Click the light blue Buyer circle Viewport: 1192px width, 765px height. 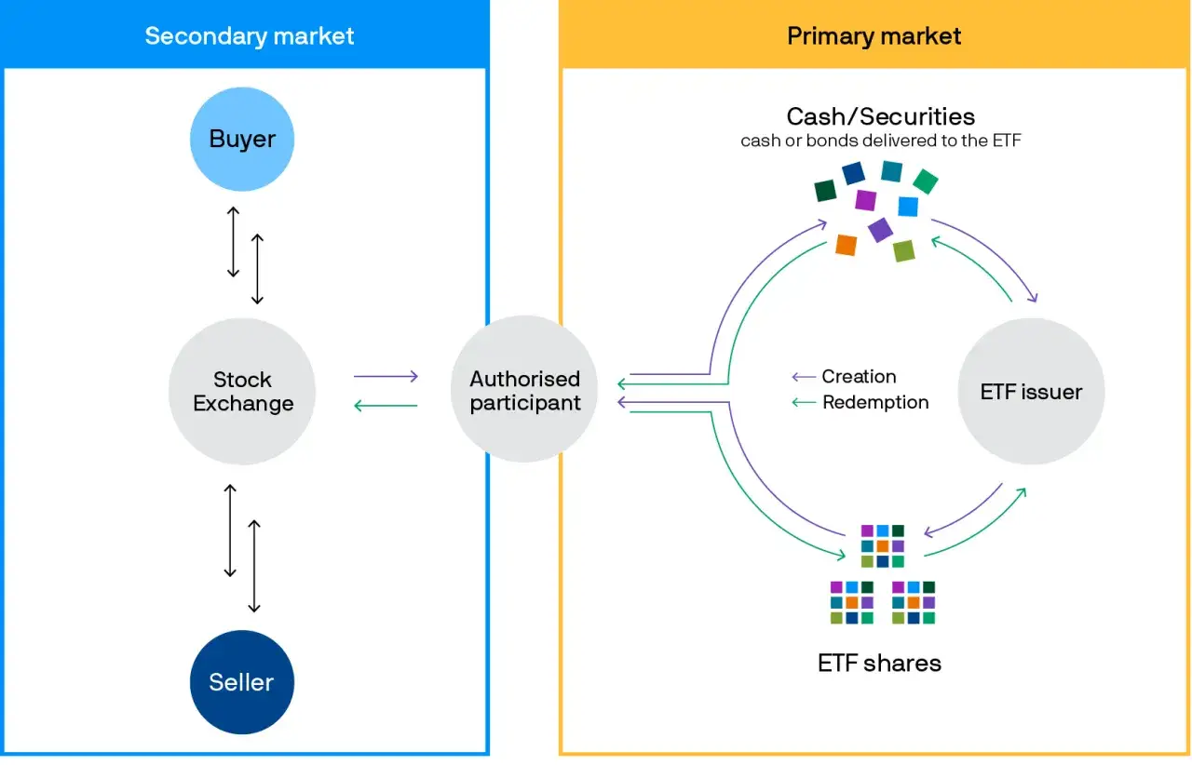coord(242,140)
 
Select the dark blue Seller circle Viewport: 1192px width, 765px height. coord(242,682)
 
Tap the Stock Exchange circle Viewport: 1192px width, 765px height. coord(242,392)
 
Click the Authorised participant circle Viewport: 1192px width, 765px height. coord(524,389)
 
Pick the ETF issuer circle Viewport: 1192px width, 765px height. coord(1031,392)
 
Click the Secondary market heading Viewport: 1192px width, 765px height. coord(249,36)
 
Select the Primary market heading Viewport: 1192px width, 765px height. coord(874,36)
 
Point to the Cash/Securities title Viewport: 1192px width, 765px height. coord(881,116)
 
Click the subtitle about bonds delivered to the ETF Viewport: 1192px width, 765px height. coord(881,141)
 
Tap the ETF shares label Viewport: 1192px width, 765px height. coord(879,663)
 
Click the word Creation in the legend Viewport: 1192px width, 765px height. coord(859,376)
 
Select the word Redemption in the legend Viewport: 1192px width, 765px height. coord(875,402)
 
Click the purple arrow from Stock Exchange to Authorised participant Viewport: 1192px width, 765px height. coord(386,376)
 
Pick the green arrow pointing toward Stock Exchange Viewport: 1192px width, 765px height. coord(386,406)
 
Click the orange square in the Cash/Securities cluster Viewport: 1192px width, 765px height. coord(847,246)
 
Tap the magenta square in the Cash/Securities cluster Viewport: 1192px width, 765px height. coord(866,201)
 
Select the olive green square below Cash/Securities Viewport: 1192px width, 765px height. coord(904,251)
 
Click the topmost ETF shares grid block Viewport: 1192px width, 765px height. coord(883,545)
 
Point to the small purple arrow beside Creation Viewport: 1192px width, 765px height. coord(804,377)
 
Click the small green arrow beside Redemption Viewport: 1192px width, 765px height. coord(804,402)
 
